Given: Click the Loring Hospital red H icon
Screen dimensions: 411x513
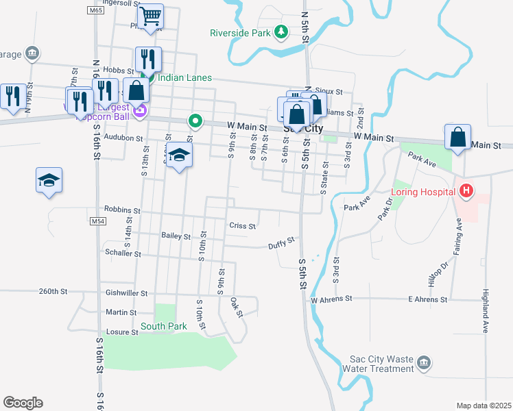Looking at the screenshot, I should [466, 190].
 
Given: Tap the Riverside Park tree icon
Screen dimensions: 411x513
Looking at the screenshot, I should [281, 32].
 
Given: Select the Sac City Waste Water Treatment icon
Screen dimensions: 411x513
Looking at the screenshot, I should [424, 362].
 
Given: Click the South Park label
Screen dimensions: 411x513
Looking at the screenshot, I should [164, 327].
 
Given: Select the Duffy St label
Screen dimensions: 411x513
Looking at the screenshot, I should [281, 242].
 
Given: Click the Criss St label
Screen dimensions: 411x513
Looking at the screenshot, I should [242, 225].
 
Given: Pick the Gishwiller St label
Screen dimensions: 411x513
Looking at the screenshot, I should [127, 292].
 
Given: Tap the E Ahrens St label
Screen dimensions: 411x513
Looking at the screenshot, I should [427, 299].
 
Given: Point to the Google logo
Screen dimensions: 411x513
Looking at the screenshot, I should [23, 403].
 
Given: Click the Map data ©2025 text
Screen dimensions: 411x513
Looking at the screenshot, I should [484, 406].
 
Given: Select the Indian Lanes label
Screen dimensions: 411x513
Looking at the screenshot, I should [184, 78].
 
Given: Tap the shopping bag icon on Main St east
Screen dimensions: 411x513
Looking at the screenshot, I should [457, 137].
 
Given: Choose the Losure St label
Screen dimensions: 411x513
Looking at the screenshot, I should [121, 332].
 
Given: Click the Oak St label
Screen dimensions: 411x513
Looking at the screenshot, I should [237, 307].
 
